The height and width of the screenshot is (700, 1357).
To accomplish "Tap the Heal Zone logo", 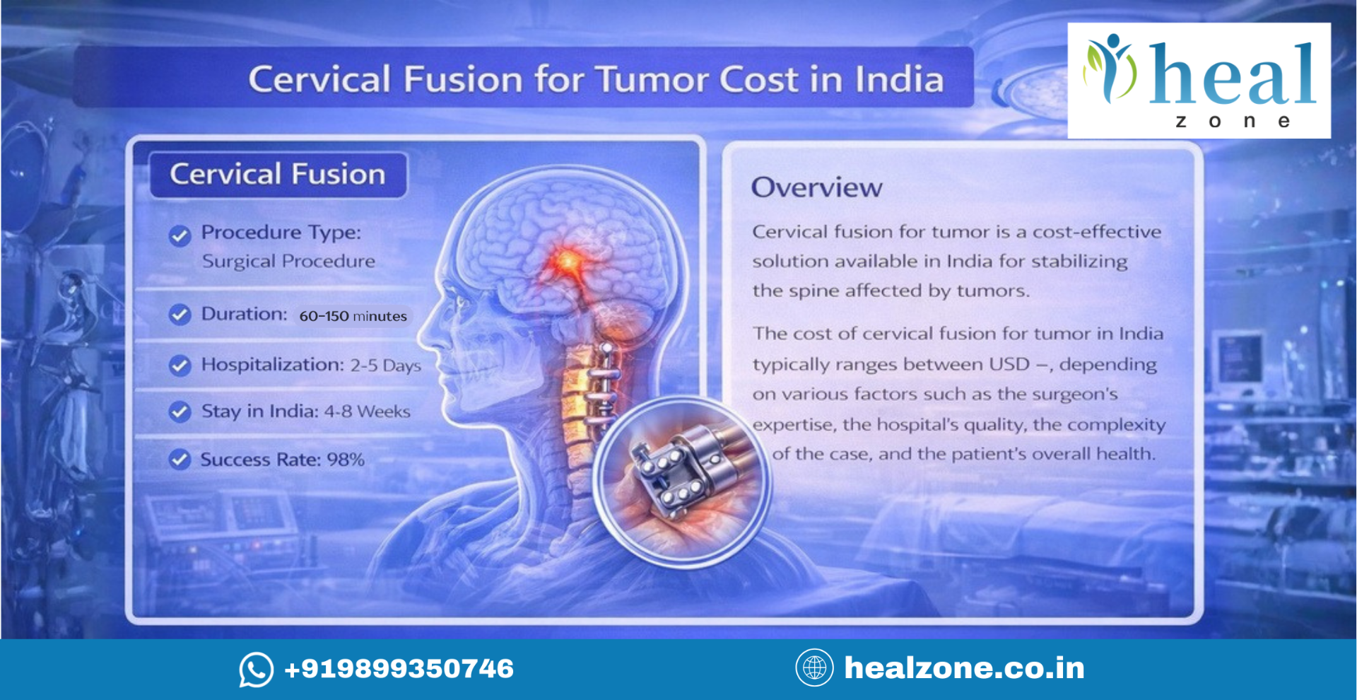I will [1199, 81].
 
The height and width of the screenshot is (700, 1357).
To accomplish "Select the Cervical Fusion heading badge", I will [278, 175].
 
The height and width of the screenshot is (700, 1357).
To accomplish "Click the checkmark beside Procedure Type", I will [180, 235].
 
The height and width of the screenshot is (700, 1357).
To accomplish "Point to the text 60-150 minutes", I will [353, 316].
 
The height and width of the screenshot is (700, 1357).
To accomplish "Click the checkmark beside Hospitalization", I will [180, 366].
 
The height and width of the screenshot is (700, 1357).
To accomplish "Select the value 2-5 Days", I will [385, 366].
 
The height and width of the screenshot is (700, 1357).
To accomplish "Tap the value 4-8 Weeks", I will [367, 412].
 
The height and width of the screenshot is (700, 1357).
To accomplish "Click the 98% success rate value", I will [346, 460].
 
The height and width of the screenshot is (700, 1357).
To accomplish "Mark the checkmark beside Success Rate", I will [180, 460].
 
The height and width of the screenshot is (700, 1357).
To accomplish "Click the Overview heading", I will [816, 187].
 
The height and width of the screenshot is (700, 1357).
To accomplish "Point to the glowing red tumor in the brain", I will [566, 262].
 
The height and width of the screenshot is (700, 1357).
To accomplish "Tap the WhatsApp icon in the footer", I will [256, 669].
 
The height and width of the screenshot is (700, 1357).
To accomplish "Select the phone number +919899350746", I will [399, 669].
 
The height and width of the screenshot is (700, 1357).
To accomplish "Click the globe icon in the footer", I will [814, 667].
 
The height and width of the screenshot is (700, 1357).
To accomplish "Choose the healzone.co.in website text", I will [964, 668].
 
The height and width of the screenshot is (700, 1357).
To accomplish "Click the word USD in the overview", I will [1009, 364].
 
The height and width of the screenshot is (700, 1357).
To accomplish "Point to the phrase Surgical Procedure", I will [288, 262].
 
